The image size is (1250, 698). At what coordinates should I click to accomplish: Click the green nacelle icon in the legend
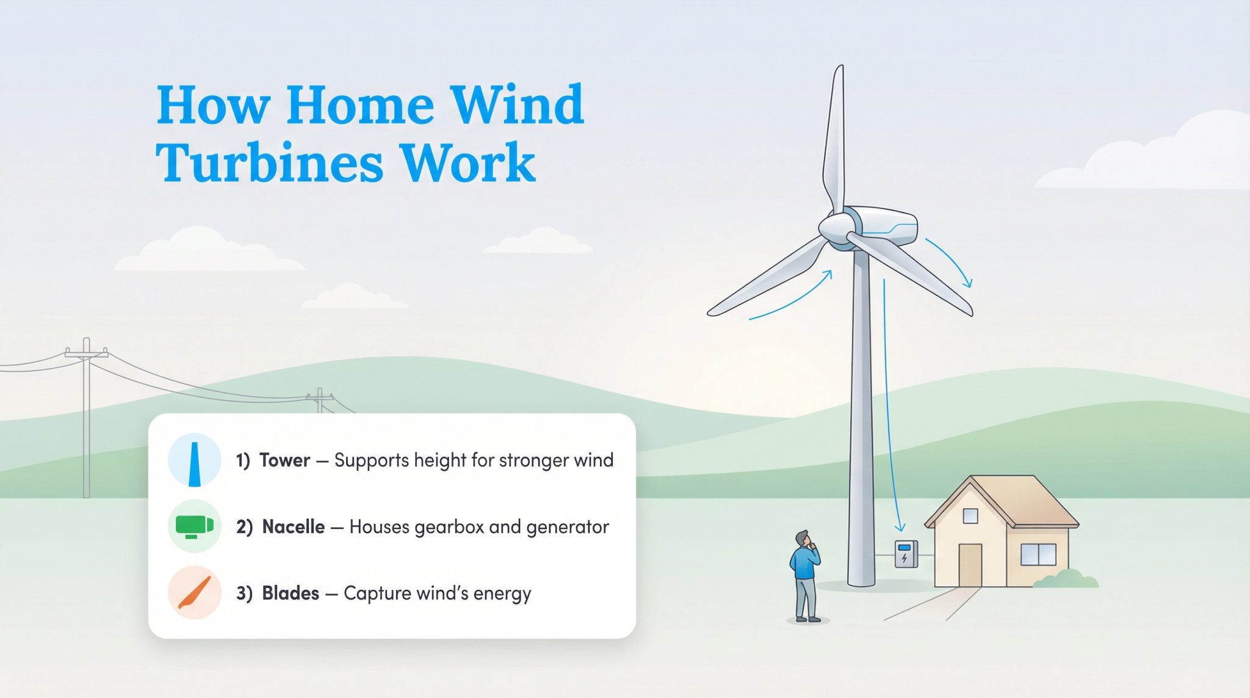tap(194, 526)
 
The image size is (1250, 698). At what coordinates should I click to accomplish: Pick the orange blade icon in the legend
tap(195, 593)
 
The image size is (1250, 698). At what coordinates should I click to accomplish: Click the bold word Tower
tap(284, 460)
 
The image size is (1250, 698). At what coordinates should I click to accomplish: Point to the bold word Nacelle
tap(293, 526)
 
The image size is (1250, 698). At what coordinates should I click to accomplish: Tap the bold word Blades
tap(291, 593)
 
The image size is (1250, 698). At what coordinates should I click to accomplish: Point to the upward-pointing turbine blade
tap(835, 140)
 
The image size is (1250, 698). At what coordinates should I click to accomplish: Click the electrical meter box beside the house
tap(906, 554)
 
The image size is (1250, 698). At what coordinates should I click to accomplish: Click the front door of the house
tap(970, 565)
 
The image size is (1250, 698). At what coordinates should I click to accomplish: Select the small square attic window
tap(970, 516)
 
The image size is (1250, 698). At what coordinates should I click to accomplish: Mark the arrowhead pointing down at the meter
tap(899, 528)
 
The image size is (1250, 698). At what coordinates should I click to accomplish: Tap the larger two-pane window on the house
tap(1038, 554)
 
